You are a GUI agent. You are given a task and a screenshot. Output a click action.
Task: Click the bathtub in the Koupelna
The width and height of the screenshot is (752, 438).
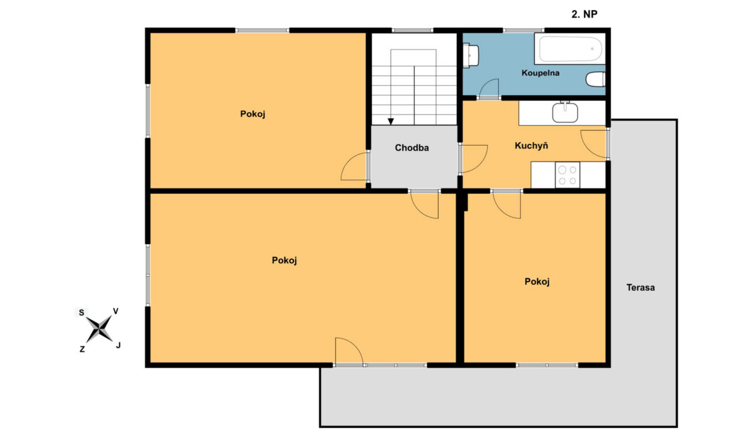(x=570, y=49)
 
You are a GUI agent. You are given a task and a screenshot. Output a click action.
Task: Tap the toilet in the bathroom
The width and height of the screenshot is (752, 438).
(x=595, y=79)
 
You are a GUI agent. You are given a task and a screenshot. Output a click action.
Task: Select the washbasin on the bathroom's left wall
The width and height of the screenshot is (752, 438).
(x=471, y=55)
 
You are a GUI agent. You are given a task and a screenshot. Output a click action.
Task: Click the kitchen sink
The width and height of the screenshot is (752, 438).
(x=565, y=112)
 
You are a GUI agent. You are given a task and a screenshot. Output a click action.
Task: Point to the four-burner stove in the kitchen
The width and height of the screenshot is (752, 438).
(x=567, y=175)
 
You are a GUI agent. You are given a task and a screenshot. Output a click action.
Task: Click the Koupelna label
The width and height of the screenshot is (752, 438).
(x=540, y=73)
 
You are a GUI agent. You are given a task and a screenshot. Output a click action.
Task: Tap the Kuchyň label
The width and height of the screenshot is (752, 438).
(x=531, y=145)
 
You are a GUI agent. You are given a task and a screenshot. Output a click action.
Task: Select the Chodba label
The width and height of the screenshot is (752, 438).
(x=412, y=148)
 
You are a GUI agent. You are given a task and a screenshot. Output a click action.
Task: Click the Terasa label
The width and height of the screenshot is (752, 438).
(x=640, y=288)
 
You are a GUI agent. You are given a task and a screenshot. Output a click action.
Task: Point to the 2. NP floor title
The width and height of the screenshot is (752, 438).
(x=585, y=14)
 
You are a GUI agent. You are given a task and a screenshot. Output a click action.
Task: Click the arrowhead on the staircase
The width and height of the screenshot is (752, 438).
(x=391, y=121)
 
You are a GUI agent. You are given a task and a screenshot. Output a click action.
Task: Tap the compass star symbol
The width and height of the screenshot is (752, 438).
(x=99, y=329)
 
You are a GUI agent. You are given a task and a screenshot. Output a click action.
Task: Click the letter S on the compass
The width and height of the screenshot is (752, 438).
(x=81, y=313)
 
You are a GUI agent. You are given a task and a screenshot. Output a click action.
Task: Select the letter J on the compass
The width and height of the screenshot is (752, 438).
(x=118, y=345)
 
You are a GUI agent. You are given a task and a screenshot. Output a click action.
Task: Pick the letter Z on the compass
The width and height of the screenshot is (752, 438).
(x=82, y=350)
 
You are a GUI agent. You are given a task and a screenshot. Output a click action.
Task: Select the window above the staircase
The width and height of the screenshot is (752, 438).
(x=412, y=31)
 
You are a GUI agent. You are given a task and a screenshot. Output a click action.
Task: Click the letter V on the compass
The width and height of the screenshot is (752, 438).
(x=116, y=312)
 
